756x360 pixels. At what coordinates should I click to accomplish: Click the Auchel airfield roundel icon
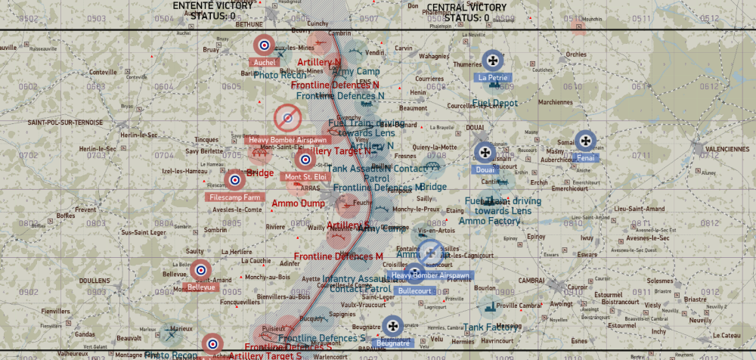point(265,45)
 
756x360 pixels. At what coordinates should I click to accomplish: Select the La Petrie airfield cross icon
point(493,60)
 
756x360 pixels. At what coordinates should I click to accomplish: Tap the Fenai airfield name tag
point(587,157)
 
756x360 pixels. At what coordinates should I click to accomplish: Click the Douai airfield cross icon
point(484,152)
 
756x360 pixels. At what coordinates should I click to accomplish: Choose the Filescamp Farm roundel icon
point(235,180)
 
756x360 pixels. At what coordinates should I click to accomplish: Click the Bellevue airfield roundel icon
point(201,269)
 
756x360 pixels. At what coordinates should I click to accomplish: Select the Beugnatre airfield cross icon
point(392,326)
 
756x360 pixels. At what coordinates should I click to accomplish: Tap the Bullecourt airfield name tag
point(414,290)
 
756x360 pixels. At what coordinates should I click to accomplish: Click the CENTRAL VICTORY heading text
point(466,8)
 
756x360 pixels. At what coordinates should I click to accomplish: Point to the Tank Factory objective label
point(492,327)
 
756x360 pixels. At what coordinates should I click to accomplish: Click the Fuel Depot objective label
point(495,103)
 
